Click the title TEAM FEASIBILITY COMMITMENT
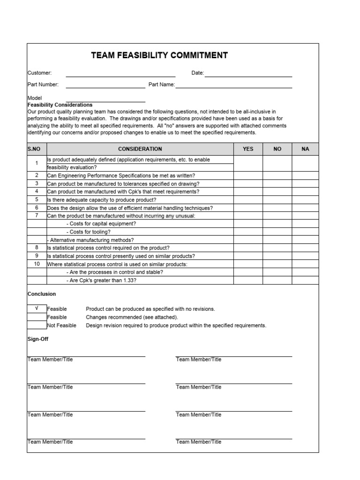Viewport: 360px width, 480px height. coord(159,55)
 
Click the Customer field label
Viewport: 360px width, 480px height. coord(39,73)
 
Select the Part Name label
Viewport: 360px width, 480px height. coord(161,85)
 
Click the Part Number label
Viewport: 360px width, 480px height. coord(43,85)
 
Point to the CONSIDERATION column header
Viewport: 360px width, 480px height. coord(140,149)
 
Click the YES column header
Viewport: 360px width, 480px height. coord(247,149)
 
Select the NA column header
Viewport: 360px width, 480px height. coord(305,149)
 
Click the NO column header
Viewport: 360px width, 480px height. coord(277,149)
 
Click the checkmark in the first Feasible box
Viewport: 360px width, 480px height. coord(37,309)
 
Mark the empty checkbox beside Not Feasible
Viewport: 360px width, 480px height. coord(37,325)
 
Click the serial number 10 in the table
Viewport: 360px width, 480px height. coord(37,264)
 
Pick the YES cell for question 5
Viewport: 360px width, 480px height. coord(247,200)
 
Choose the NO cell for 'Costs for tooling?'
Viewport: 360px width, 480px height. coord(277,232)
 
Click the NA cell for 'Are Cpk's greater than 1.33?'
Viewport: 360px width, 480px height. coord(305,280)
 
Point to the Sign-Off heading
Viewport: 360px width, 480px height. coord(38,338)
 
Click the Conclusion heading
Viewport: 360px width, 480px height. coord(42,294)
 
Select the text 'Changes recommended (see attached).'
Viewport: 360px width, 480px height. coord(132,317)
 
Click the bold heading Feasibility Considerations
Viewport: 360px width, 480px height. coord(60,105)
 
